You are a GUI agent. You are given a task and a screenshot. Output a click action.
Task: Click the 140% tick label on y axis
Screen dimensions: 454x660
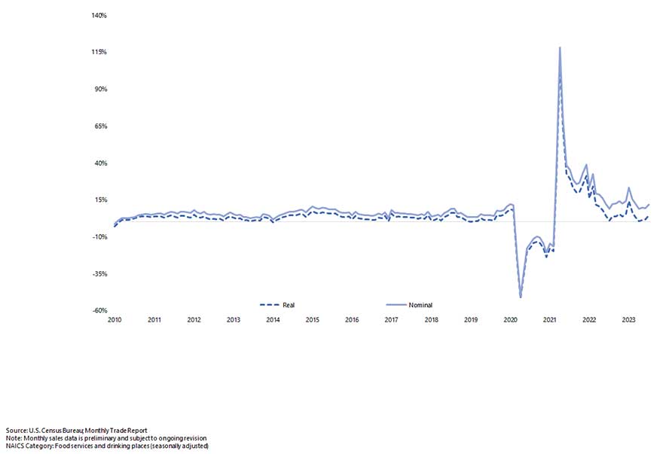(x=99, y=15)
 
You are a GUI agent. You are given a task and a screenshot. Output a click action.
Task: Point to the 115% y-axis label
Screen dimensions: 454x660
(x=99, y=52)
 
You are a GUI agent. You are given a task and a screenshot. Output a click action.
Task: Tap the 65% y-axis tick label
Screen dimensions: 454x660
(x=101, y=126)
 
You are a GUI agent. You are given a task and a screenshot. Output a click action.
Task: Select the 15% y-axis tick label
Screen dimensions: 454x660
(x=101, y=200)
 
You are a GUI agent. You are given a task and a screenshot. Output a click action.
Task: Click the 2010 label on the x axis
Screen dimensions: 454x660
(x=115, y=320)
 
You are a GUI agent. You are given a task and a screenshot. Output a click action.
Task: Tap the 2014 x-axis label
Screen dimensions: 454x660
(x=273, y=320)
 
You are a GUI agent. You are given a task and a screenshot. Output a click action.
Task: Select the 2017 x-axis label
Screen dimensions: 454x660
(x=391, y=320)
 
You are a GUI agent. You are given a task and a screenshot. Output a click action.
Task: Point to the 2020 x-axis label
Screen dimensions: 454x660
(x=510, y=320)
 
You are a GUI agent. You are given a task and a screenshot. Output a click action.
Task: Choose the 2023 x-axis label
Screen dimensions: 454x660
(x=628, y=320)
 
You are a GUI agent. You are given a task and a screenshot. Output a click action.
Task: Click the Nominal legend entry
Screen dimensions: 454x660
(x=420, y=305)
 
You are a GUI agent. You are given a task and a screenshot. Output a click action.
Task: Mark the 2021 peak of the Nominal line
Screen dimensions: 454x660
(x=560, y=47)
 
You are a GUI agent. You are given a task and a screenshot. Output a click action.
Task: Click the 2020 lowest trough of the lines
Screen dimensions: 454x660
(x=521, y=297)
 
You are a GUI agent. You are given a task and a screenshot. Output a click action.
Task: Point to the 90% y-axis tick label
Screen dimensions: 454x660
(x=101, y=89)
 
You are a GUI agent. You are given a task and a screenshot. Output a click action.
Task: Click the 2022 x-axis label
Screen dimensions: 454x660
(x=589, y=320)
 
